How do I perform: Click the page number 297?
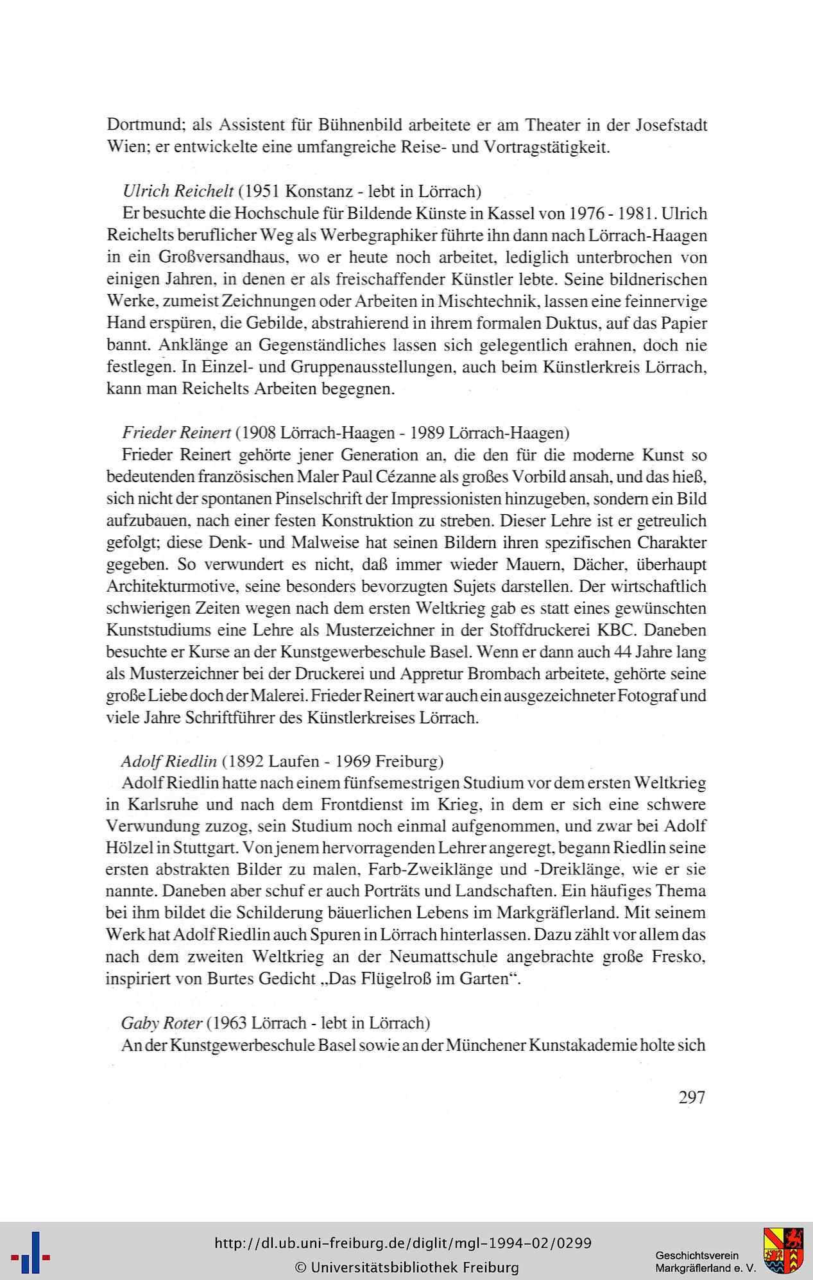coord(691,1097)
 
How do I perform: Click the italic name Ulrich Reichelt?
coord(178,191)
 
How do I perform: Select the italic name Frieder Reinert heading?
coord(176,433)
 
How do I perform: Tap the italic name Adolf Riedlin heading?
coord(169,761)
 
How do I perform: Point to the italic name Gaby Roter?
coord(161,1022)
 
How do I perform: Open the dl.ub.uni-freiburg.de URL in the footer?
coord(403,1243)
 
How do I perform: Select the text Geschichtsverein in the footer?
coord(697,1256)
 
